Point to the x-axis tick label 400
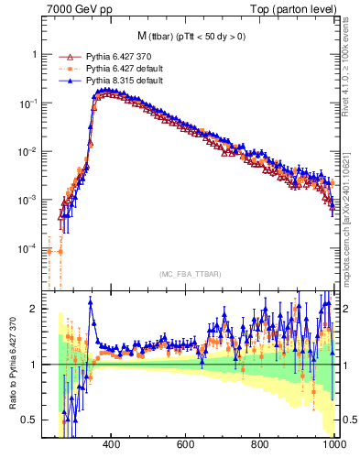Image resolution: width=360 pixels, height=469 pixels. tap(112, 446)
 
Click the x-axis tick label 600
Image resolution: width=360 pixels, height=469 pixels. tap(186, 446)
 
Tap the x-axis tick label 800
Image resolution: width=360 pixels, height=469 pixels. tap(260, 446)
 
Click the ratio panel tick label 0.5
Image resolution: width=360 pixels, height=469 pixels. tap(28, 420)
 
